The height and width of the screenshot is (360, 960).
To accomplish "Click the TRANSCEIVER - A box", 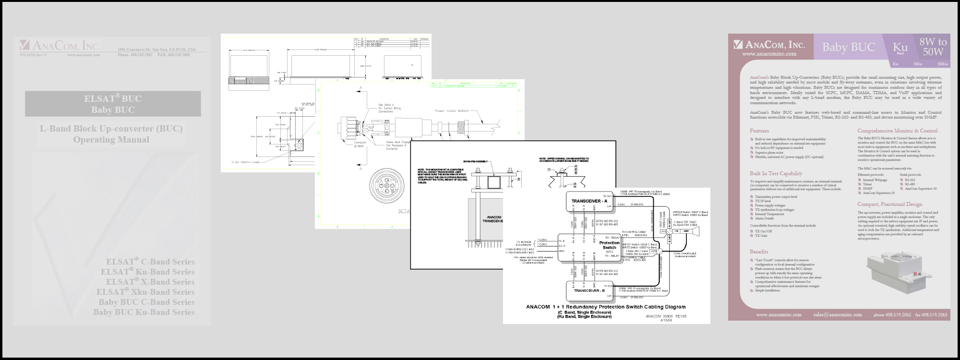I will coord(589,201).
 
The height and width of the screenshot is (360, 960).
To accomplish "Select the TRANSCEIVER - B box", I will coord(589,290).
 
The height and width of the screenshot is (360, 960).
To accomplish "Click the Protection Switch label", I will coord(609,245).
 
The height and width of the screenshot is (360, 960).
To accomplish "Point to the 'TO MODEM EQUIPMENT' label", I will coord(524,243).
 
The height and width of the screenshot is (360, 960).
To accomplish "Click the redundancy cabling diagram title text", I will coord(606,307).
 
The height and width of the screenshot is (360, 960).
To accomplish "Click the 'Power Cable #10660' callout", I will coord(451,111).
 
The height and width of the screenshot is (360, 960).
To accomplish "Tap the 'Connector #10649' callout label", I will coord(360,144).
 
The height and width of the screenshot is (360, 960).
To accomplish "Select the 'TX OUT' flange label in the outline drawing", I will coord(245,163).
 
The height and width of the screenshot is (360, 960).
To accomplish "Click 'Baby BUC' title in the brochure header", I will coord(849,47).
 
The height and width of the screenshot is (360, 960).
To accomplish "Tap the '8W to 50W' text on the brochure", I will coord(933,47).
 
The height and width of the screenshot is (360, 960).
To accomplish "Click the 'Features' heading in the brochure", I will coord(759,131).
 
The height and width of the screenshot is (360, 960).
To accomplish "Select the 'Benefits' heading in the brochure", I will coord(759,252).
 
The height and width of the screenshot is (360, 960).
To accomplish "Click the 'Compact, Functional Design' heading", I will coord(890,204).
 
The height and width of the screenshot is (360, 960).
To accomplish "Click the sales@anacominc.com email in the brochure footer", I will coord(838,315).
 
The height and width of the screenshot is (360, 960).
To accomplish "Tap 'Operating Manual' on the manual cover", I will coord(111,140).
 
